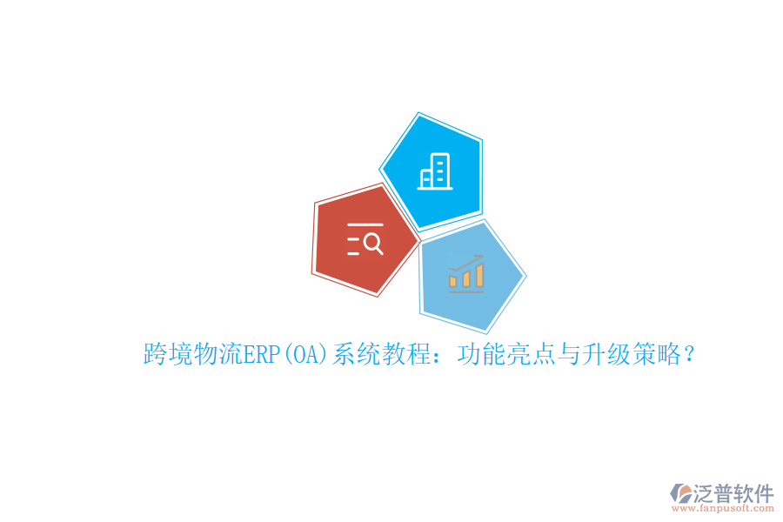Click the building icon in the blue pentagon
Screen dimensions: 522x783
435,171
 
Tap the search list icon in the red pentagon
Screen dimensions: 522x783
365,238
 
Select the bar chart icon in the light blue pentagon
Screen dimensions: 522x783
466,274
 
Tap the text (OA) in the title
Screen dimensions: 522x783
300,355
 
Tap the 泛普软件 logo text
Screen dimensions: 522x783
733,493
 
